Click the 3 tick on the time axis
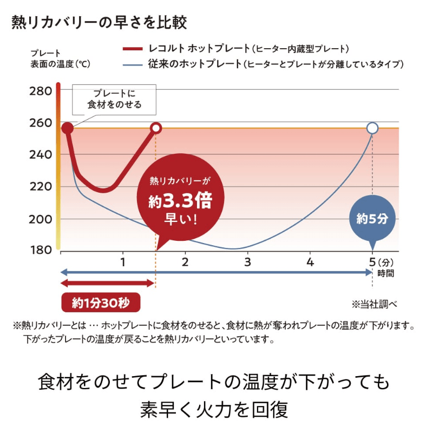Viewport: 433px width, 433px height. (x=248, y=263)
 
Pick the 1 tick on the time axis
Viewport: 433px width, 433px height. (x=123, y=263)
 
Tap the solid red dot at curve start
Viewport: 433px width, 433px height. (x=67, y=128)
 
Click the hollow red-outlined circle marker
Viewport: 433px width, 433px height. (x=156, y=128)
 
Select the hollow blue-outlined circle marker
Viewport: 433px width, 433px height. (x=372, y=128)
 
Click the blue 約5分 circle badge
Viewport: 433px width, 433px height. (x=372, y=219)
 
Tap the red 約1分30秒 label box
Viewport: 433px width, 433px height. (x=100, y=301)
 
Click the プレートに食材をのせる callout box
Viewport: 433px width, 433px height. (x=114, y=99)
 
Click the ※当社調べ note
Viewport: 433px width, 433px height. (x=374, y=304)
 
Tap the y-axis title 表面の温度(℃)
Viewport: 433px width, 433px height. (x=60, y=64)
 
